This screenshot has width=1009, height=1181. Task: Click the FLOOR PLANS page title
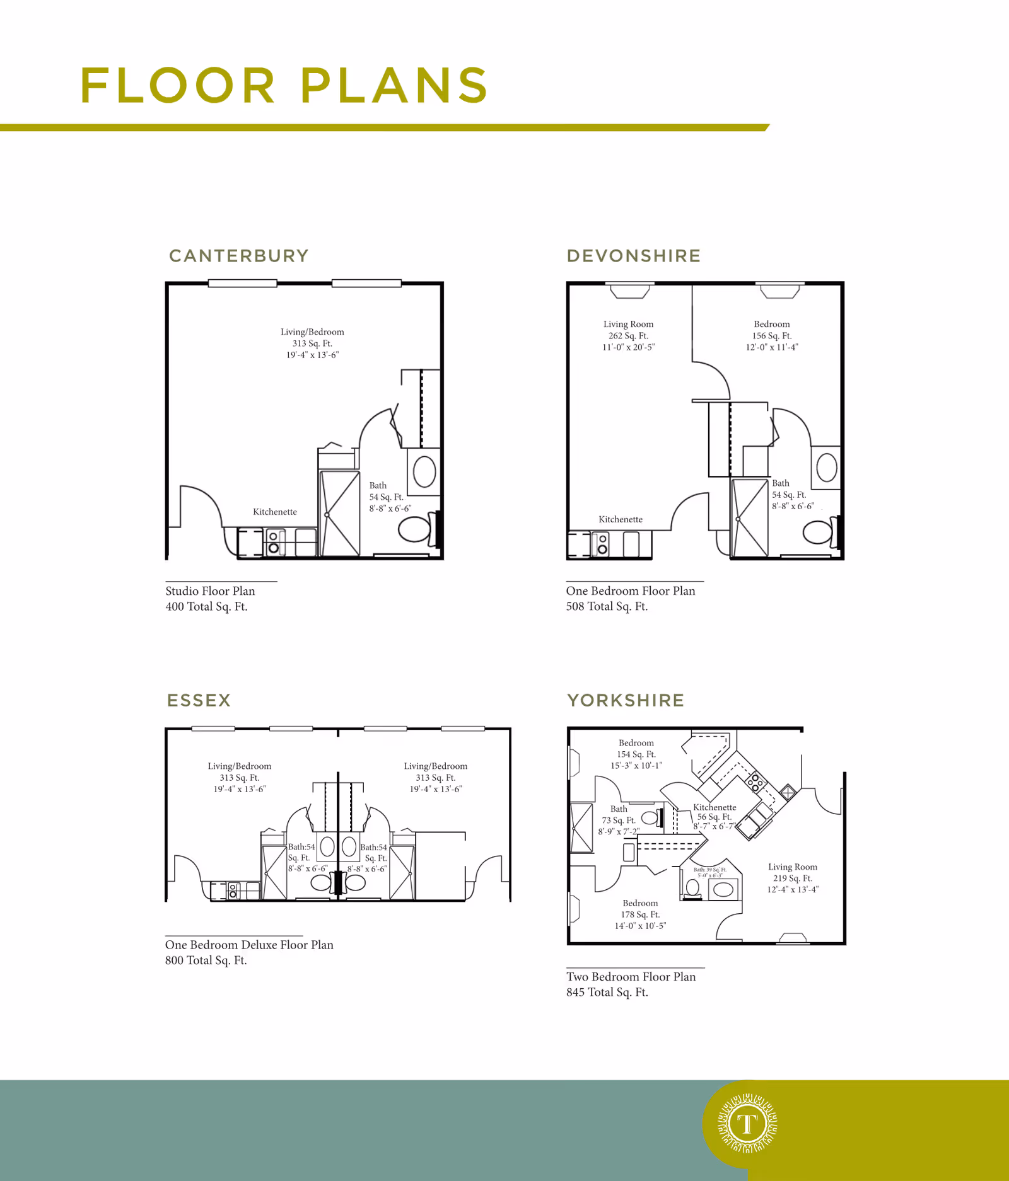coord(284,85)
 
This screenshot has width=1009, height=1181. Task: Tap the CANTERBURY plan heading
coord(239,256)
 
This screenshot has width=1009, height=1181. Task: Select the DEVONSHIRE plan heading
coord(634,256)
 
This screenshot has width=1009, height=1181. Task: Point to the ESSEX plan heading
coord(199,700)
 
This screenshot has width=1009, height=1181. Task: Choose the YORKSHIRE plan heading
coord(626,700)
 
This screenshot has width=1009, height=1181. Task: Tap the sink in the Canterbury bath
coord(424,471)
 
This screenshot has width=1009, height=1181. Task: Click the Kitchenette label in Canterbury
coord(275,512)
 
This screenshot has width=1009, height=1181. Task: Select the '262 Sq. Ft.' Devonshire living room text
coord(628,336)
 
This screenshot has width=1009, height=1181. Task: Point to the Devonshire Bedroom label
coord(772,324)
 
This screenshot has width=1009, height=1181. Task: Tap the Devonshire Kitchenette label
coord(621,519)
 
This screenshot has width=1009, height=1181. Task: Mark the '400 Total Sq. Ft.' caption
coord(206,607)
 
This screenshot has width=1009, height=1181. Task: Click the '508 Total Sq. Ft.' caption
coord(607,607)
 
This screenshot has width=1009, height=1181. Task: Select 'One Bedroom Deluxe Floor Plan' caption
coord(249,945)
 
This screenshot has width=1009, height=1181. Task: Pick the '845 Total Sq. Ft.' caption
coord(607,993)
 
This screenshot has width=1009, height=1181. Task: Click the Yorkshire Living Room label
coord(793,867)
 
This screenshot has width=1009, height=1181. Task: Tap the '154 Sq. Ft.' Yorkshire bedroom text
coord(636,754)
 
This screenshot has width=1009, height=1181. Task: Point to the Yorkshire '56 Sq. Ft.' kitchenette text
coord(714,817)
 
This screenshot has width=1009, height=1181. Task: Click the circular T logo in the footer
coord(747,1124)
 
